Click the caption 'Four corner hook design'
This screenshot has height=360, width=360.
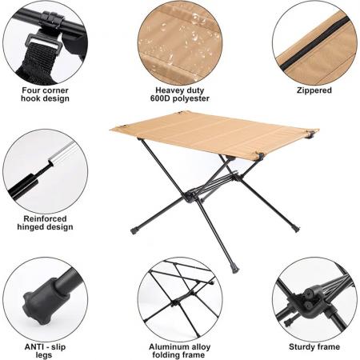coord(45,94)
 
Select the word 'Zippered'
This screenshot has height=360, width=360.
coord(314,90)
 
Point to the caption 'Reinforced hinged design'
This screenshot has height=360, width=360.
coord(45,222)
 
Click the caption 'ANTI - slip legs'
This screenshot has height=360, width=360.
coord(45,350)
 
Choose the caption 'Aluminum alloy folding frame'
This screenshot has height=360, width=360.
coord(180,350)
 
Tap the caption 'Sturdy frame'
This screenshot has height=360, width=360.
coord(314,347)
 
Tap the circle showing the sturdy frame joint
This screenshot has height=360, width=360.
coord(314,300)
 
